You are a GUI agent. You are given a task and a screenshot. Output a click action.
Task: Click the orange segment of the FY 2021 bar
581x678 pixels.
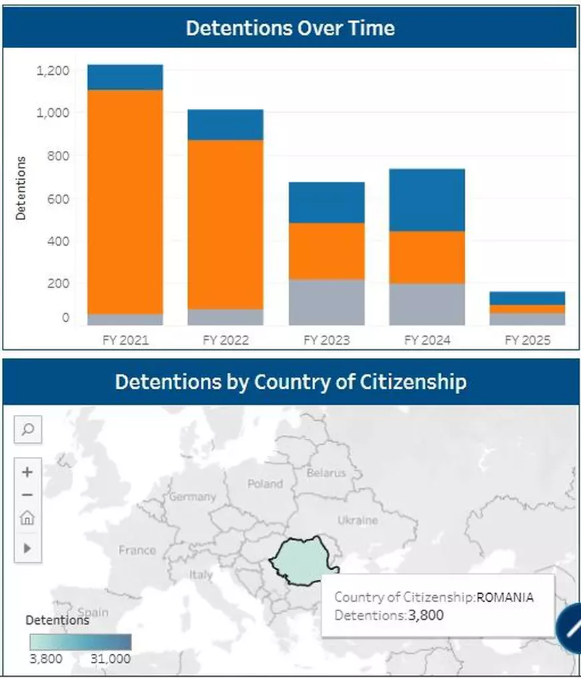125,200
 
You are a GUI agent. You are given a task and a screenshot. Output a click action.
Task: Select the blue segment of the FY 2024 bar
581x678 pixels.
427,200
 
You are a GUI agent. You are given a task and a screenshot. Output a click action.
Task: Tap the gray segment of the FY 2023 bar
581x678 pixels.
326,302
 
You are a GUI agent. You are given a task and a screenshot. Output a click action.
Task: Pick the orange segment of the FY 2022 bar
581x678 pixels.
225,224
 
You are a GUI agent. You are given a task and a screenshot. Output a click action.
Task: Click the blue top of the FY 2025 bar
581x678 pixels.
527,298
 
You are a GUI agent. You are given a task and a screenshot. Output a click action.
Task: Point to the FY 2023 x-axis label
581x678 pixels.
326,340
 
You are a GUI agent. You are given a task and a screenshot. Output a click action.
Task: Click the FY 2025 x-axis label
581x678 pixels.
528,340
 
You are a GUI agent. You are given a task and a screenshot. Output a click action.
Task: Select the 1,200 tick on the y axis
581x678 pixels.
52,70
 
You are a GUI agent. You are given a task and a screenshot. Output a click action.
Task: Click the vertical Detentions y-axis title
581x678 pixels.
21,188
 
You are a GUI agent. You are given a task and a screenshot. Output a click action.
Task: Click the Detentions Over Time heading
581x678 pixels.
290,28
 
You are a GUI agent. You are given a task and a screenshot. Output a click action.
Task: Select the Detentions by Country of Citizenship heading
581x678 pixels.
290,382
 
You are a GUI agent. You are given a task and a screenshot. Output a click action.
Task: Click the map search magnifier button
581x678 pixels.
28,429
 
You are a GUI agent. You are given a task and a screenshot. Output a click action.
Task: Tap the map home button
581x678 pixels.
28,518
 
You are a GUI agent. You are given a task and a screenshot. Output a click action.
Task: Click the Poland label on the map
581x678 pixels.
265,484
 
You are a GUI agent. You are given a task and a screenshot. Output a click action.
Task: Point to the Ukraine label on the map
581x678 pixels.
357,520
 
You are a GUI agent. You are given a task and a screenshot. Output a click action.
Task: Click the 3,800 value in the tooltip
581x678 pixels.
425,615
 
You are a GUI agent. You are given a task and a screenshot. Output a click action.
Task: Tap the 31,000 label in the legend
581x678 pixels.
110,659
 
